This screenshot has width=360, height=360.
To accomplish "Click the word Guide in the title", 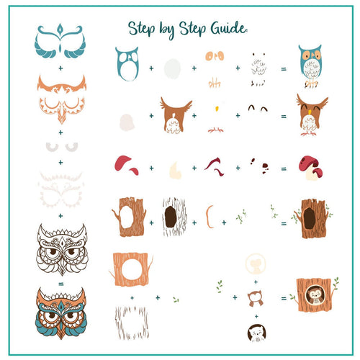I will click(227, 28).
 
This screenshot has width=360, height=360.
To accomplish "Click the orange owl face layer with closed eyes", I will click(61, 100).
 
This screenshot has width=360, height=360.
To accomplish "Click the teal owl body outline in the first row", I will click(127, 64).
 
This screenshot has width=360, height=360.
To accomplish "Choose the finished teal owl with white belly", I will click(310, 64).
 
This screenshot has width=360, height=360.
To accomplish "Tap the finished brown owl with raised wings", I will click(311, 114).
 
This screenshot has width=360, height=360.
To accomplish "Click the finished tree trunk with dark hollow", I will click(310, 217).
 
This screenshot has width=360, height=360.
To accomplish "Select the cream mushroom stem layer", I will click(174, 170).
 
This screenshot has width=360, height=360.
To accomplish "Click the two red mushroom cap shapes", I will click(127, 164).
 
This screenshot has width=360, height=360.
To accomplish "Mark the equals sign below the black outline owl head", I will click(60, 284).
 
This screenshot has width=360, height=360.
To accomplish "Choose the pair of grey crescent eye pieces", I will click(60, 146).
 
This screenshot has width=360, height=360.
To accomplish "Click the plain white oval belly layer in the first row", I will click(172, 68).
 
